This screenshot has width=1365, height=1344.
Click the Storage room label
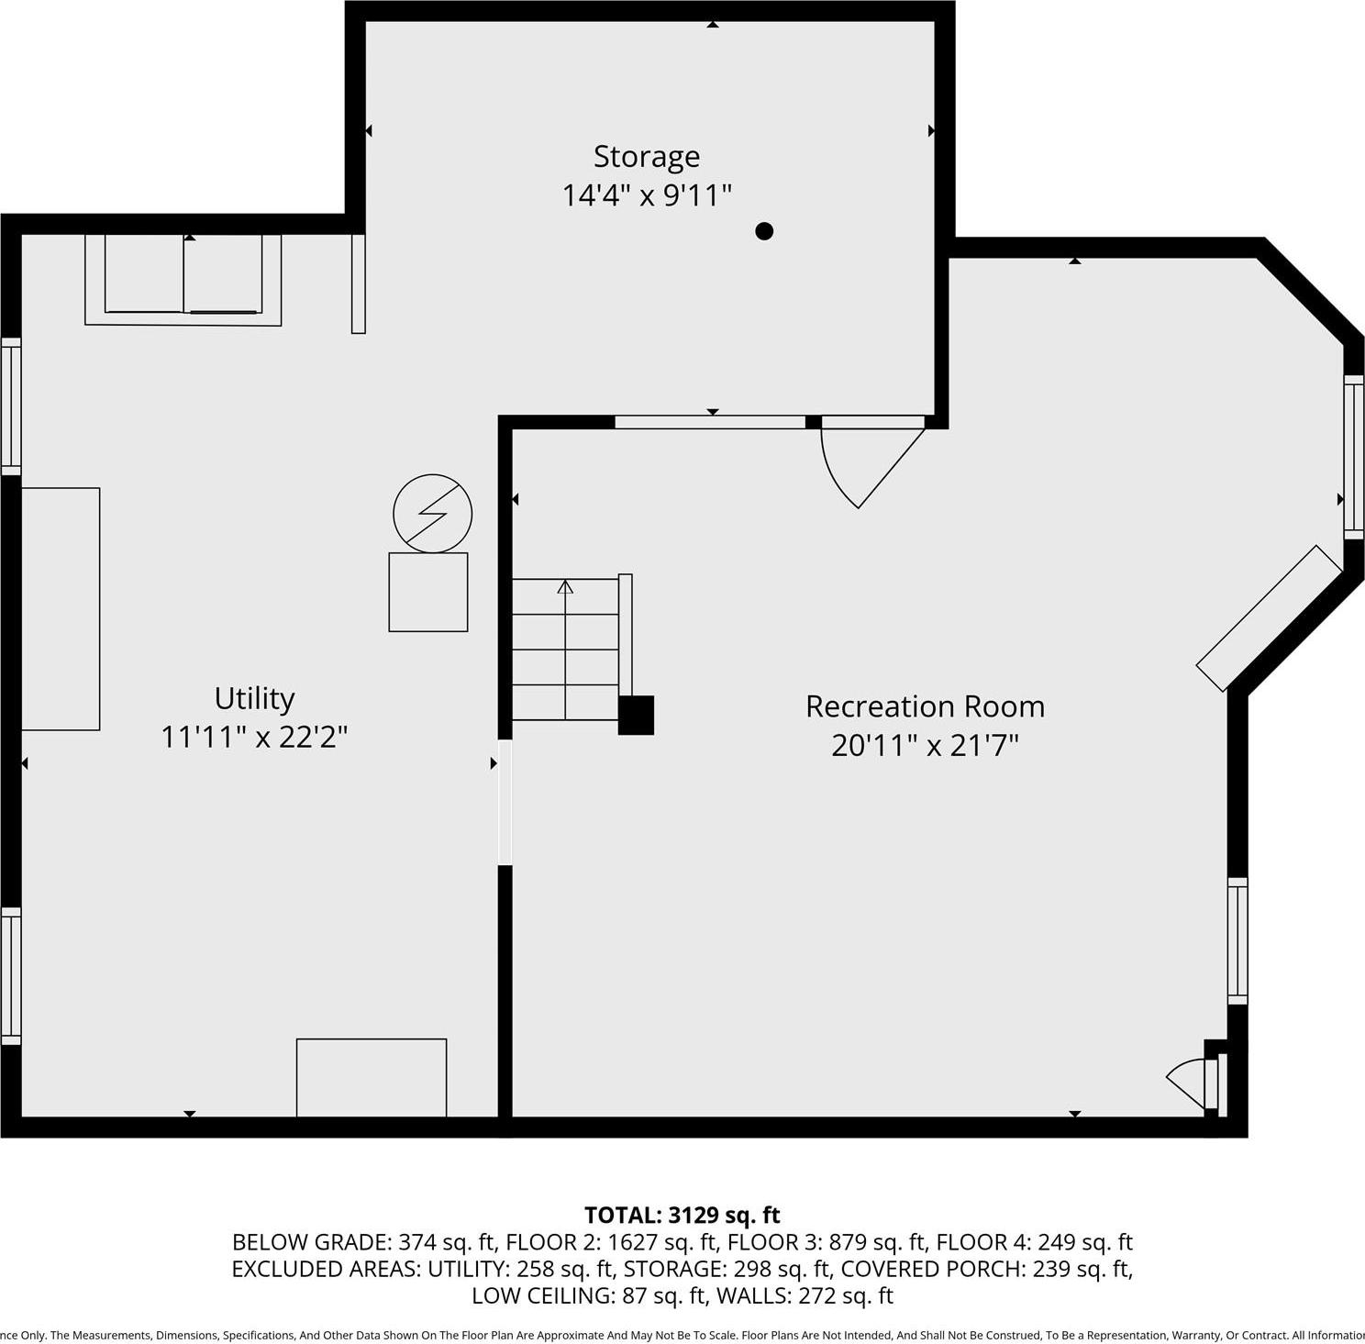646,157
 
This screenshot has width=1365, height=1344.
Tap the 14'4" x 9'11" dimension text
646,195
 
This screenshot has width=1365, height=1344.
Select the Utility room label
254,698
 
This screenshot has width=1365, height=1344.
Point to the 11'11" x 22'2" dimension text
254,737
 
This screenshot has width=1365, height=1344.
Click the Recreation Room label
925,706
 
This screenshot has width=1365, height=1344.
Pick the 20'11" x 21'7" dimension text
925,745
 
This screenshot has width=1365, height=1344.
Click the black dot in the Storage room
764,231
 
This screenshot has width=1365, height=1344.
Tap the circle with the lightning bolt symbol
432,514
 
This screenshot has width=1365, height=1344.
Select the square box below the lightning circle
428,592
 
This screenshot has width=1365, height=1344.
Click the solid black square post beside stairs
636,716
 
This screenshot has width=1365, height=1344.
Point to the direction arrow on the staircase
565,587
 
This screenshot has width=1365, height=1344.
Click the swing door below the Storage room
867,463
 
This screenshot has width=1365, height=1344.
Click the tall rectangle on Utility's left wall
61,609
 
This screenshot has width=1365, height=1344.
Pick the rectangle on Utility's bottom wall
372,1078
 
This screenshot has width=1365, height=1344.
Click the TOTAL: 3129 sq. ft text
682,1216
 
